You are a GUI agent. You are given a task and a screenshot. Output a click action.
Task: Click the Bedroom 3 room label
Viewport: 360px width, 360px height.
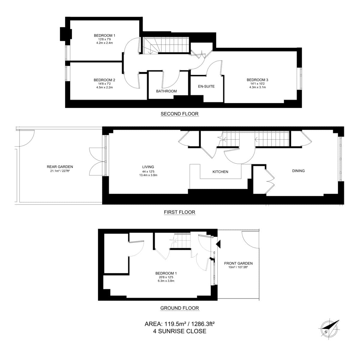point(257,80)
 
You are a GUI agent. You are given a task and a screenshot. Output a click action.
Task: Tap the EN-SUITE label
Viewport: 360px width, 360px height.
point(206,86)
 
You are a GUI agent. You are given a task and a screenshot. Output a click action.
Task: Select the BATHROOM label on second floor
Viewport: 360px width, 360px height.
point(166,91)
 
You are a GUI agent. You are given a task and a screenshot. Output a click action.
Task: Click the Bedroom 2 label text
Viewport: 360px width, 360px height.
point(104,80)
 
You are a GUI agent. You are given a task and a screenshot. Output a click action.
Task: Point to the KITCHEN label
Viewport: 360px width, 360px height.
point(220,172)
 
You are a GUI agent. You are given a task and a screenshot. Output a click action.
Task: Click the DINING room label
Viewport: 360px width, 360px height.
point(298,171)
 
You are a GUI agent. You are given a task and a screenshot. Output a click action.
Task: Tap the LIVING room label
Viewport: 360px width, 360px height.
point(148,167)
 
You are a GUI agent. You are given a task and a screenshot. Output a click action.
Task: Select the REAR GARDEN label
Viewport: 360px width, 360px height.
point(60,167)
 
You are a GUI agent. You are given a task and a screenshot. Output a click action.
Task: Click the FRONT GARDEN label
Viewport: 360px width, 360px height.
point(238,263)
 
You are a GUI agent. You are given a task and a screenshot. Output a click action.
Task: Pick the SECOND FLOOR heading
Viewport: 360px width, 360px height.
point(179,114)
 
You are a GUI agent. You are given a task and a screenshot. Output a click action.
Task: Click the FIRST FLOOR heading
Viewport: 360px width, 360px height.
point(179,212)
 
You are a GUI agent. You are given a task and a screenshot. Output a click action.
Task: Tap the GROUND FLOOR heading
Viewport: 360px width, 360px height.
point(179,308)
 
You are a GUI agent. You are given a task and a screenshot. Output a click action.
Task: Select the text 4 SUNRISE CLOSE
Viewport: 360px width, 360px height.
point(179,331)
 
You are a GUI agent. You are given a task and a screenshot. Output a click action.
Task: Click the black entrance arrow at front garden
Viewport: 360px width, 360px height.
point(218,244)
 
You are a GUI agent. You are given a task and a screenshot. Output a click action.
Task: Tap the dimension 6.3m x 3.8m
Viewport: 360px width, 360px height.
point(166,281)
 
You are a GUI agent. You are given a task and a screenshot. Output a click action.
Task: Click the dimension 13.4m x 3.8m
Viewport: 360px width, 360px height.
point(148,175)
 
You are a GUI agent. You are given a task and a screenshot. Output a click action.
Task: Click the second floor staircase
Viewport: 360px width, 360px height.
point(165,46)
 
